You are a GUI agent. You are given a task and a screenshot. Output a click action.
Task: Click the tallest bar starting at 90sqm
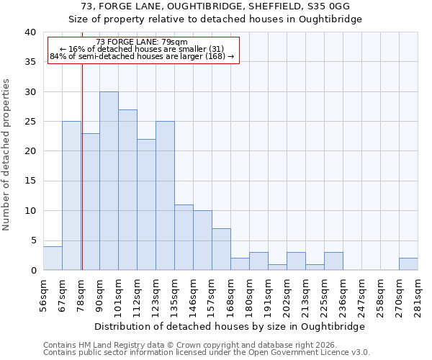(109, 181)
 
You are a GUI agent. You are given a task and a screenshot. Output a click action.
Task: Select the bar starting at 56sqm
(53, 258)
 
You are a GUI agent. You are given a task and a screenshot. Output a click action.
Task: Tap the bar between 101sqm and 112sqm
(127, 190)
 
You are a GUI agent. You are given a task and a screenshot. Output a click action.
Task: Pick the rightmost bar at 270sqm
(408, 264)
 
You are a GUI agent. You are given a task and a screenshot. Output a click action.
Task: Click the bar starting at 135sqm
(184, 238)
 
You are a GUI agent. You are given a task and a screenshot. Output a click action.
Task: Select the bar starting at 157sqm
(221, 249)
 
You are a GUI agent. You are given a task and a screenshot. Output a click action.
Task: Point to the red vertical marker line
(82, 166)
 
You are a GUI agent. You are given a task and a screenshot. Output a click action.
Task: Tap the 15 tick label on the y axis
(30, 181)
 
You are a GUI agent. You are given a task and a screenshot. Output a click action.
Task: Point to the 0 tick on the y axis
(32, 271)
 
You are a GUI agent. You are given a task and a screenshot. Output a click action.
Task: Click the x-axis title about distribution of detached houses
(230, 326)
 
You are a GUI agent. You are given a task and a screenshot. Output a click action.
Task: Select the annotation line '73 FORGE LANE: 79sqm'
(142, 42)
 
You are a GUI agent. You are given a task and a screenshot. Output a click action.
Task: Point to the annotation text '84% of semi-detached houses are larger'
(142, 56)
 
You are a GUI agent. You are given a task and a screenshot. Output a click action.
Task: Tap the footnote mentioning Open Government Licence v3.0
(207, 353)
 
